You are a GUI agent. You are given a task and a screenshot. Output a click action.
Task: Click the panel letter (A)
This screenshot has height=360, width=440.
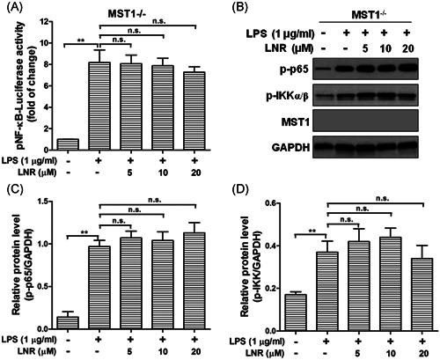pos(11,9)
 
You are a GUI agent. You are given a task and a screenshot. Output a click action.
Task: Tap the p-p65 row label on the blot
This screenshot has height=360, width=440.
pos(264,92)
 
